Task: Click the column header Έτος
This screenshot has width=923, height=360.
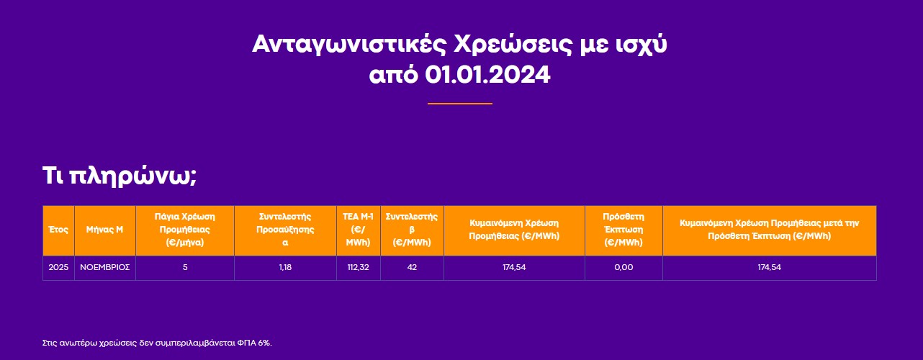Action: (x=58, y=230)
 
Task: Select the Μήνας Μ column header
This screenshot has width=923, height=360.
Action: (x=104, y=230)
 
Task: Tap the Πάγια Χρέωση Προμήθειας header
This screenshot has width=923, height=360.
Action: (x=185, y=230)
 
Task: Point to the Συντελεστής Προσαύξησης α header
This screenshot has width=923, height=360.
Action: (x=285, y=230)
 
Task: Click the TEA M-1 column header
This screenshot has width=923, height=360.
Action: (x=358, y=230)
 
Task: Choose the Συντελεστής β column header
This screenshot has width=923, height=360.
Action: (x=412, y=230)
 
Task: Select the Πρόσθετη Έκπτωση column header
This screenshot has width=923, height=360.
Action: (x=623, y=230)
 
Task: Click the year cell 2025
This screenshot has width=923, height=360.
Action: (x=58, y=267)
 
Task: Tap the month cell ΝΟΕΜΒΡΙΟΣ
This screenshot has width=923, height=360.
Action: (x=104, y=267)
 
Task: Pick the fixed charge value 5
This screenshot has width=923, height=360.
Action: (x=185, y=267)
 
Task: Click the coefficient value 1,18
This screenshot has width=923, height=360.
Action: (x=285, y=267)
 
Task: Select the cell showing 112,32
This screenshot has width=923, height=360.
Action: (x=358, y=267)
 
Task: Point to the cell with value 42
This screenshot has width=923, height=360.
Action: (x=412, y=267)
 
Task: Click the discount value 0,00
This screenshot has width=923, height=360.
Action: (x=623, y=267)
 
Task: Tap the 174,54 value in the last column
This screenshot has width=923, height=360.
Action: (x=770, y=267)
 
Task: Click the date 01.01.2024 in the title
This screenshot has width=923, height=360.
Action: (x=487, y=75)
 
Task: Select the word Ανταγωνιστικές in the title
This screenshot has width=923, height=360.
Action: (x=349, y=45)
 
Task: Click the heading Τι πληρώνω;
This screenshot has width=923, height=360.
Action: (x=120, y=176)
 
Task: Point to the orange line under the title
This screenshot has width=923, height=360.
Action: (x=460, y=104)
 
